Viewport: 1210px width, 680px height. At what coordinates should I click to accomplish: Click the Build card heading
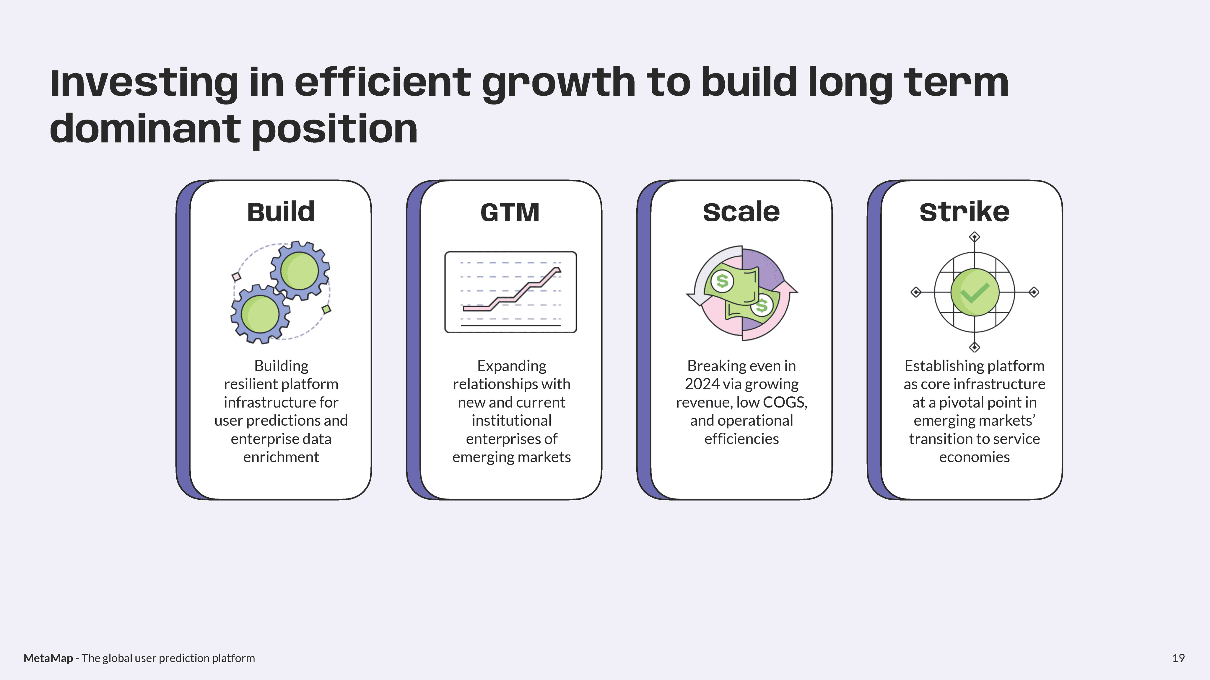(x=281, y=212)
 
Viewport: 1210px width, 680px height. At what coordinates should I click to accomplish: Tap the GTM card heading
(x=510, y=212)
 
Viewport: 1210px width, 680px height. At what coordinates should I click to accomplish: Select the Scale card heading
(x=741, y=212)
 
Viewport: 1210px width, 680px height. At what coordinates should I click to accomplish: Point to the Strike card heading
(x=964, y=212)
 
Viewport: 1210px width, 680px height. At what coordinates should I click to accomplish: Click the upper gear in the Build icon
(x=300, y=270)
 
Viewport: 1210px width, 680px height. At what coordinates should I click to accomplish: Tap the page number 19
(x=1178, y=658)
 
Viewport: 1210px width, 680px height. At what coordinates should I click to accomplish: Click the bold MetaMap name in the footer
(x=48, y=658)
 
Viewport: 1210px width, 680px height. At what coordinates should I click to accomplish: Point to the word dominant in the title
(x=145, y=129)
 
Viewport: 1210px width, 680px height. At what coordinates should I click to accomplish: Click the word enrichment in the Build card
(x=281, y=457)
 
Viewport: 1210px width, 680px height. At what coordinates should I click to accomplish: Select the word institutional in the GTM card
(x=512, y=421)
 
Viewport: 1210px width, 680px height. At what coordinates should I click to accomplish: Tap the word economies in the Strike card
(x=974, y=457)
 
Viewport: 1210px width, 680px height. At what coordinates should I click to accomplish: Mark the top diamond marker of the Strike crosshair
(x=975, y=237)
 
